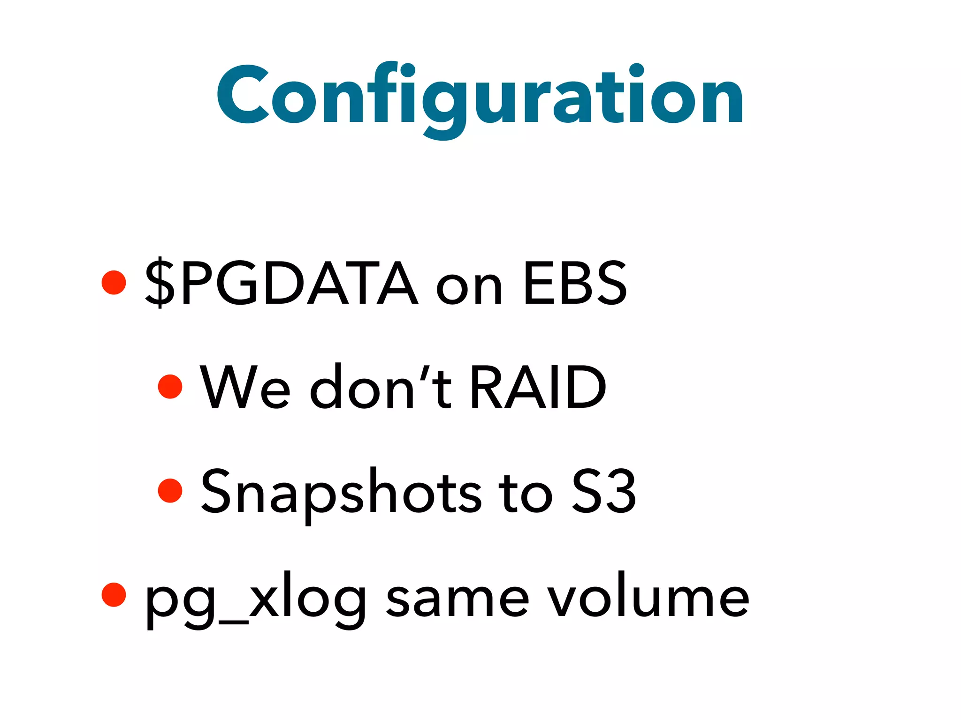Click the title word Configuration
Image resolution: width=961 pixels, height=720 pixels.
tap(480, 96)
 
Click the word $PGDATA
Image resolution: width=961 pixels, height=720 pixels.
tap(281, 284)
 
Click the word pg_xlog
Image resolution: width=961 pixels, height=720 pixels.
tap(256, 600)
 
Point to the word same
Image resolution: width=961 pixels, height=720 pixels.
tap(458, 600)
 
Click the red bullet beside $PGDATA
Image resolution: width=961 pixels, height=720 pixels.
tap(114, 282)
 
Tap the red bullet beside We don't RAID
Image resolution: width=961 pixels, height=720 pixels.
tap(170, 387)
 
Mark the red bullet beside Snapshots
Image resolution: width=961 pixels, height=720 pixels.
tap(170, 491)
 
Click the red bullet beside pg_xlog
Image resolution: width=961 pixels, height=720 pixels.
tap(114, 595)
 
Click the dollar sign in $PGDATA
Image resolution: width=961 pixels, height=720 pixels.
tap(160, 284)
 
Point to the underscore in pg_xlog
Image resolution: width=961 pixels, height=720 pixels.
tap(233, 622)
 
